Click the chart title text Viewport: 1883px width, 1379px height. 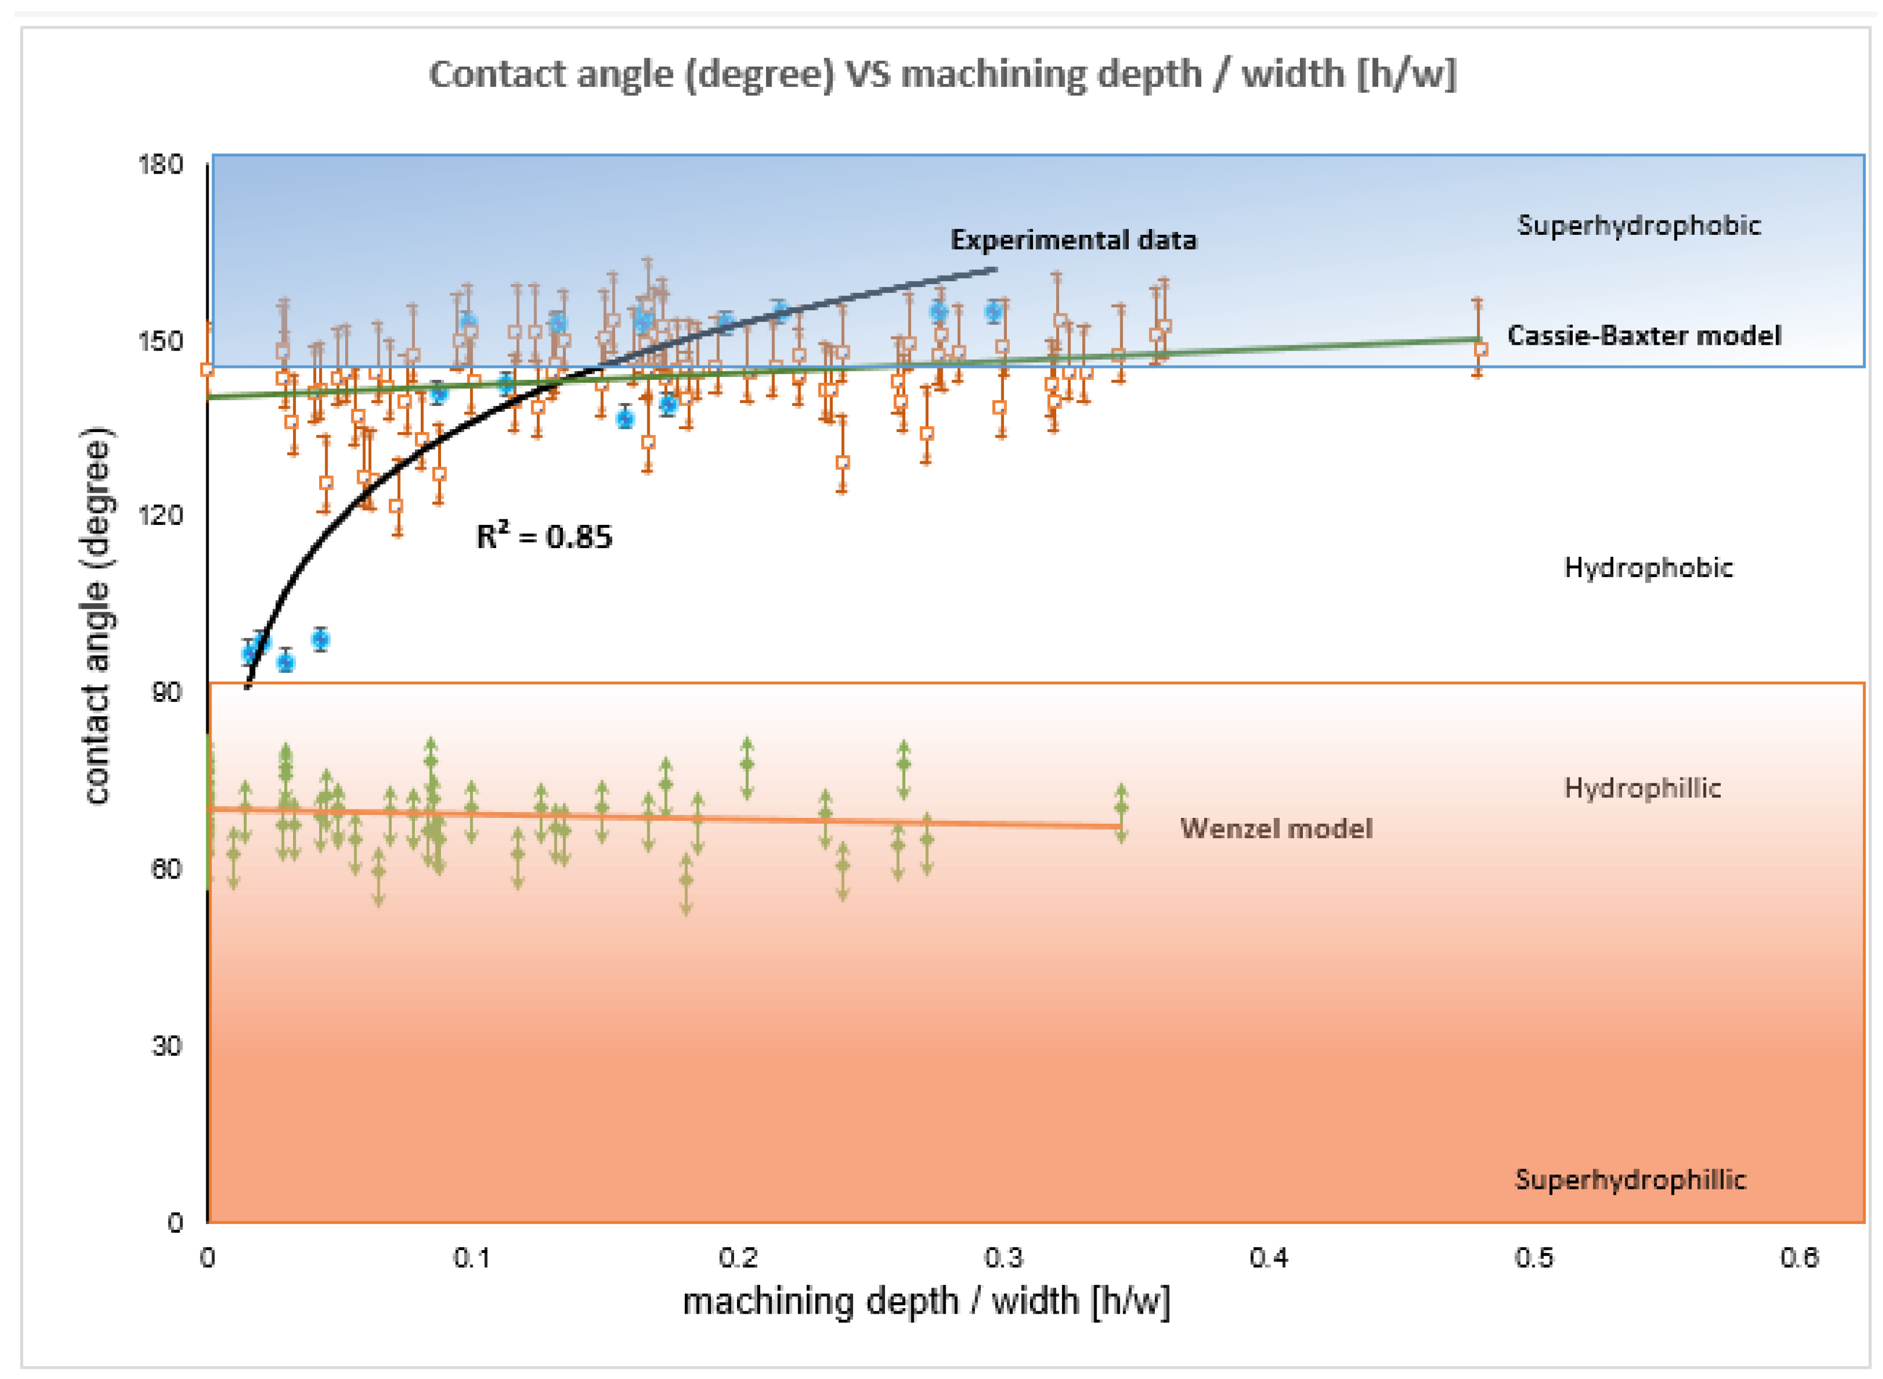941,74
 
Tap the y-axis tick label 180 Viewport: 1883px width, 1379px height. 160,165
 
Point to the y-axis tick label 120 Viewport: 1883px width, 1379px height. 160,515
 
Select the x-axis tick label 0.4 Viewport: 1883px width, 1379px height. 1268,1258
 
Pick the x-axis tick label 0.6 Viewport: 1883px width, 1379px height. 1799,1258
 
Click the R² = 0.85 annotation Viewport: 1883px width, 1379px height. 544,537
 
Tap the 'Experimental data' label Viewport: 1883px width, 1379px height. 1073,240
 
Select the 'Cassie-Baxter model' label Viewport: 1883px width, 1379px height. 1643,336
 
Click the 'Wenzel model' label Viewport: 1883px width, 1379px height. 1276,828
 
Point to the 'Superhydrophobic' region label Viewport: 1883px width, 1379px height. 1639,225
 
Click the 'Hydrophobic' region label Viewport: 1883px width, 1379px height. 1648,568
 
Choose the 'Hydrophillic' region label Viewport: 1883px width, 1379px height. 1642,788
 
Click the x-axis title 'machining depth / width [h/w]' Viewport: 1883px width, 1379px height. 927,1301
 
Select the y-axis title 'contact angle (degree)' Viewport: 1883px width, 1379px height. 97,618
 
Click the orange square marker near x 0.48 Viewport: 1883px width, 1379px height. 1481,350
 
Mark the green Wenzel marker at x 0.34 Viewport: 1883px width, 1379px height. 1121,807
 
